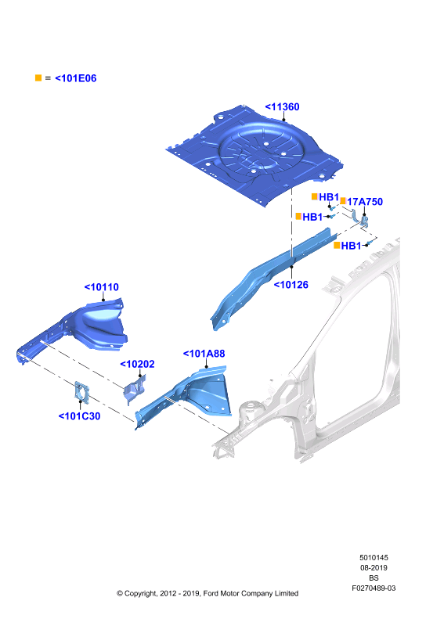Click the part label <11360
(x=282, y=107)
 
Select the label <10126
(x=291, y=285)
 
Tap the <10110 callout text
(x=102, y=287)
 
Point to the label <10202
(x=137, y=364)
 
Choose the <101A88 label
(x=204, y=354)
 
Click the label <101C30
(x=80, y=416)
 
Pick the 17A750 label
(x=365, y=202)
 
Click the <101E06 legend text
(x=75, y=78)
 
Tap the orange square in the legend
(x=38, y=77)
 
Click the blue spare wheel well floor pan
(x=255, y=156)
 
